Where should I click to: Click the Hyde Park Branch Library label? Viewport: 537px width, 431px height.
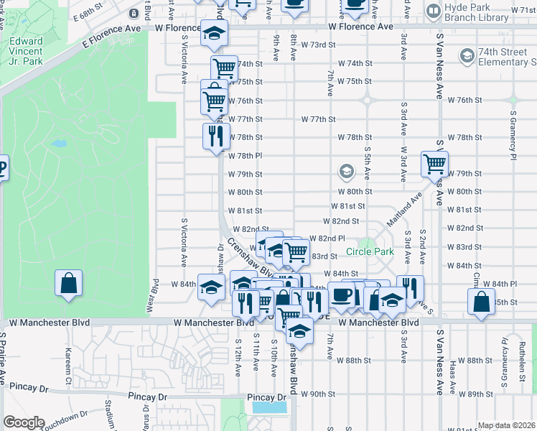coord(482,17)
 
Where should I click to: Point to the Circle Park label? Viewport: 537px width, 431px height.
coord(370,251)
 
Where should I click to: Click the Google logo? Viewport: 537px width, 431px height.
coord(24,422)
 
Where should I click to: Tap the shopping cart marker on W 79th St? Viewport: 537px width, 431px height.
coord(434,165)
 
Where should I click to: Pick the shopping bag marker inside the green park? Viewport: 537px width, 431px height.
coord(67,283)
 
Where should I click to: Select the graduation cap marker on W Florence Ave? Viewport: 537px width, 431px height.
coord(213,34)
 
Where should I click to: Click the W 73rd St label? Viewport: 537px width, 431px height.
coord(318,45)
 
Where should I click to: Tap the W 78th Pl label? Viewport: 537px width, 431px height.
coord(245,155)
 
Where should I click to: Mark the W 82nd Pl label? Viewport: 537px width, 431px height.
coord(327,238)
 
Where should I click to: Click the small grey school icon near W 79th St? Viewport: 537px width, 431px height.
coord(346,171)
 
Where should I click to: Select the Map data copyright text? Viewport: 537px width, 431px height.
coord(506,425)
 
